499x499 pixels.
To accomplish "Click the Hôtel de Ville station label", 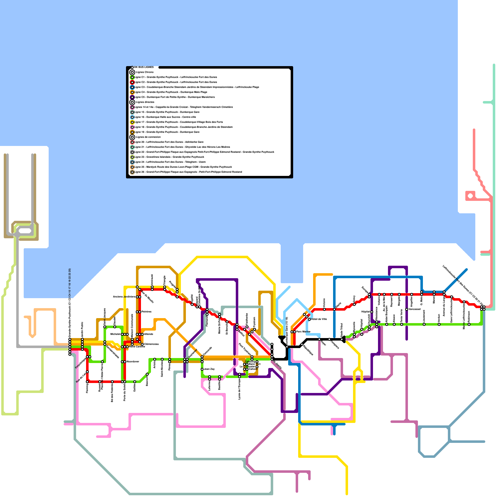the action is pos(319,319).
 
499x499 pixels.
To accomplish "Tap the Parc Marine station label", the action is pos(303,332).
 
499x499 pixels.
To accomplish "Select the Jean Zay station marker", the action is pos(202,369).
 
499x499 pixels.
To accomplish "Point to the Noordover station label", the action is pos(133,362).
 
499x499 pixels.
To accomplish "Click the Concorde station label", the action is pos(207,351).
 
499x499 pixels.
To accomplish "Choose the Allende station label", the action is pos(149,334).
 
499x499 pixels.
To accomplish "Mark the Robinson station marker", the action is pos(469,324).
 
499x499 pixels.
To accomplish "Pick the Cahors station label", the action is pos(253,369).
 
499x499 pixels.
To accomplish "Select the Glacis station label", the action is pos(338,305).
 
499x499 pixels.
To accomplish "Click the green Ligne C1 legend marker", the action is pos(132,77).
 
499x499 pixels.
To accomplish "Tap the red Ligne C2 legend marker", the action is pos(132,82).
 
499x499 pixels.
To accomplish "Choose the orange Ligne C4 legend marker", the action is pos(132,92).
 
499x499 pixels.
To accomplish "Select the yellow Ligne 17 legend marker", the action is pos(132,122).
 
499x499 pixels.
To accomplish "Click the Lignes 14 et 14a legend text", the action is pos(184,107).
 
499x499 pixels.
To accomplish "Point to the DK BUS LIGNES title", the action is pos(144,67).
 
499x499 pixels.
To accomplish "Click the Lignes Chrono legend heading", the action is pos(145,72).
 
